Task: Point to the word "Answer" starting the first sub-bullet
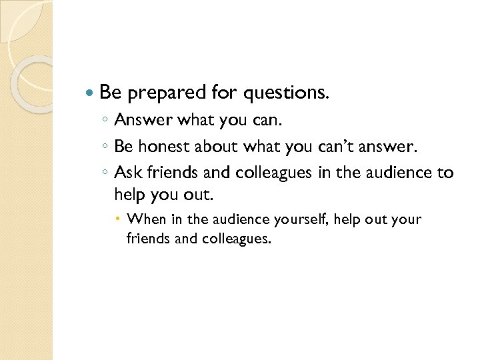tap(141, 120)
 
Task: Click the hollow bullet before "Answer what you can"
tap(105, 121)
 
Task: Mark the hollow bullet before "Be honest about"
tap(105, 147)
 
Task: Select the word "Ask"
tap(127, 173)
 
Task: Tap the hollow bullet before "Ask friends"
tap(105, 173)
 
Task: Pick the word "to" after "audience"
tap(445, 173)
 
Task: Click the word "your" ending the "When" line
tap(407, 219)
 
